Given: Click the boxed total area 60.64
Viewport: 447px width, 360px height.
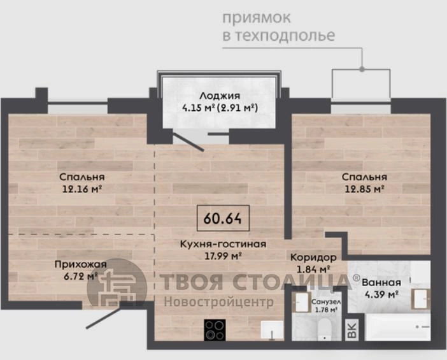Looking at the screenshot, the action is pyautogui.click(x=223, y=218).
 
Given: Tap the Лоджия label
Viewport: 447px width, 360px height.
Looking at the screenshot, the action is pyautogui.click(x=220, y=96).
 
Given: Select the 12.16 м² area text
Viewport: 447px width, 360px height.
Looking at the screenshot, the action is pyautogui.click(x=82, y=189).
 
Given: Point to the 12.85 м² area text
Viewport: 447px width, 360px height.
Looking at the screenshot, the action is pyautogui.click(x=365, y=189).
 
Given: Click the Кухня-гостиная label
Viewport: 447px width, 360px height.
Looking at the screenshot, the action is pyautogui.click(x=223, y=244).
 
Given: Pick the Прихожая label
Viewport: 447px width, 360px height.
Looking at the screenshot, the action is pyautogui.click(x=80, y=264).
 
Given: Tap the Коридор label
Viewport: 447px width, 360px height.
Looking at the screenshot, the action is pyautogui.click(x=313, y=257).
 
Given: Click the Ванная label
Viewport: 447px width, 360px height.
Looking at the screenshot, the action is pyautogui.click(x=381, y=283).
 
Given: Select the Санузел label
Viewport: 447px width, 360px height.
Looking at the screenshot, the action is pyautogui.click(x=326, y=302).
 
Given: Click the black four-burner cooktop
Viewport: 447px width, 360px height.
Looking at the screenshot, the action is pyautogui.click(x=215, y=330).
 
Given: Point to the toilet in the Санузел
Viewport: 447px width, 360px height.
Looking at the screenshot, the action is pyautogui.click(x=325, y=330).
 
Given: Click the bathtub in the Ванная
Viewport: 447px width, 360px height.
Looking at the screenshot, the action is pyautogui.click(x=398, y=328).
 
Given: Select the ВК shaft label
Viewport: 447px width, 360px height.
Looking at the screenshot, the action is pyautogui.click(x=352, y=330).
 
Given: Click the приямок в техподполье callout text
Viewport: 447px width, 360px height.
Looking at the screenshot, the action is pyautogui.click(x=278, y=27).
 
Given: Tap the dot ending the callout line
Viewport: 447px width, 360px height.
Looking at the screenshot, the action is pyautogui.click(x=362, y=69).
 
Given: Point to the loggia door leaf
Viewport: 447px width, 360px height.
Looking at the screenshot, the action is pyautogui.click(x=188, y=142).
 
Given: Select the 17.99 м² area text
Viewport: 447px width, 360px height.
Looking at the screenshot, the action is pyautogui.click(x=223, y=256).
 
